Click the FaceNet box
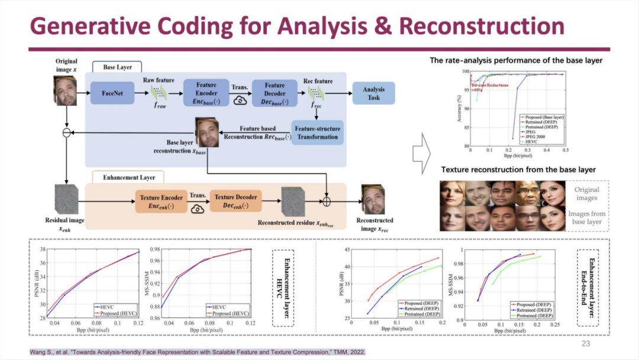click(x=112, y=92)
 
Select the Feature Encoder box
click(x=206, y=92)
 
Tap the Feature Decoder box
click(x=275, y=92)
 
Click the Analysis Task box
click(x=374, y=93)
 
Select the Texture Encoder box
click(x=160, y=201)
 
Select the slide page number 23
click(x=586, y=343)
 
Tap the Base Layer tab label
click(x=117, y=67)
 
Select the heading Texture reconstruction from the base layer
click(x=518, y=170)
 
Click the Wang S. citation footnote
click(x=198, y=352)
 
